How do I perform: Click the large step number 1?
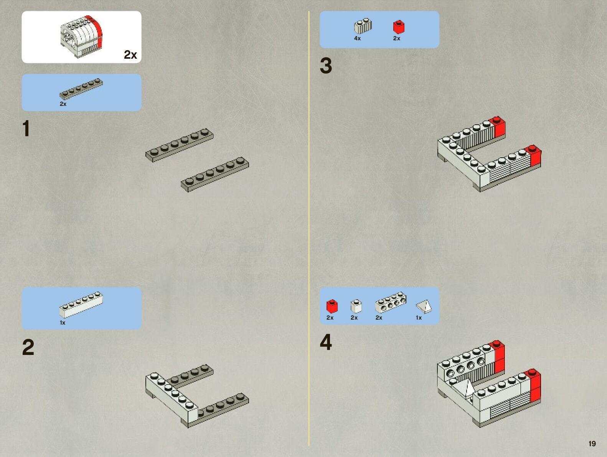pyautogui.click(x=26, y=129)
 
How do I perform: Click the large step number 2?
pyautogui.click(x=28, y=347)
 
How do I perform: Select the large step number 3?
pyautogui.click(x=326, y=66)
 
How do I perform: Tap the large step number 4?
pyautogui.click(x=326, y=342)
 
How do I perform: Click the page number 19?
pyautogui.click(x=592, y=444)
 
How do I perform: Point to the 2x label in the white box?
pyautogui.click(x=130, y=55)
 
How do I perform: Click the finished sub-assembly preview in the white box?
pyautogui.click(x=81, y=37)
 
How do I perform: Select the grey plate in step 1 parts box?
pyautogui.click(x=81, y=88)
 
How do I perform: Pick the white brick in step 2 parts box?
pyautogui.click(x=81, y=305)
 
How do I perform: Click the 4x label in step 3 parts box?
pyautogui.click(x=357, y=38)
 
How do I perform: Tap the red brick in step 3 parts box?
pyautogui.click(x=399, y=27)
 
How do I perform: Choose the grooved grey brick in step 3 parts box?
pyautogui.click(x=363, y=26)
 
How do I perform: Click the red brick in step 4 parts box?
pyautogui.click(x=332, y=306)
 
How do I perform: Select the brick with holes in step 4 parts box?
pyautogui.click(x=391, y=302)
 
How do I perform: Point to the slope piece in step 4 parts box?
pyautogui.click(x=424, y=306)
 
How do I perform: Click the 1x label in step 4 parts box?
pyautogui.click(x=419, y=318)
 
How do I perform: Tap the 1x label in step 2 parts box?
pyautogui.click(x=63, y=323)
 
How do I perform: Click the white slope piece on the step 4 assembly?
pyautogui.click(x=468, y=388)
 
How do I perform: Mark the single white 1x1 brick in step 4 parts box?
pyautogui.click(x=356, y=306)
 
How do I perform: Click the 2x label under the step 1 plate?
pyautogui.click(x=63, y=104)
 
